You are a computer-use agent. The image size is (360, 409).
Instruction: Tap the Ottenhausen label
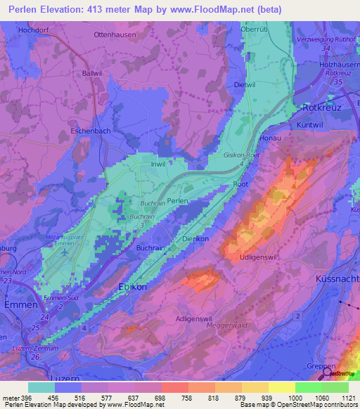point(115,33)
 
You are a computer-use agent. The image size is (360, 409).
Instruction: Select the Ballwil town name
point(92,73)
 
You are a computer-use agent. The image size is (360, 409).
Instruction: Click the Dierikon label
point(195,239)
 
